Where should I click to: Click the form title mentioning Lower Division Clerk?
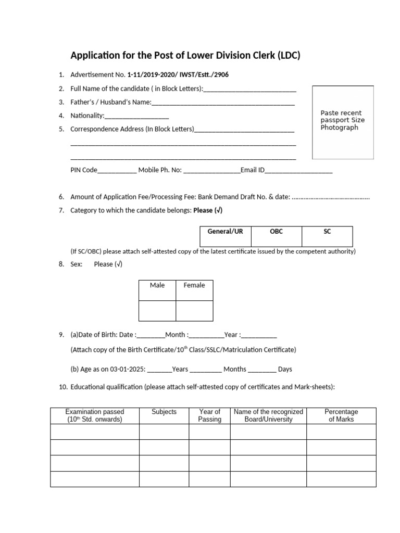click(185, 56)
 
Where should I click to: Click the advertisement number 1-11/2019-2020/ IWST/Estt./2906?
click(178, 75)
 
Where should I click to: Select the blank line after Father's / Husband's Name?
click(223, 103)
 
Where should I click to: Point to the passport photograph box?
click(342, 122)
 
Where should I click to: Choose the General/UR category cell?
click(226, 236)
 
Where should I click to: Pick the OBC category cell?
click(276, 236)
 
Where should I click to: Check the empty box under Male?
click(157, 311)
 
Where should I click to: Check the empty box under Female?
click(194, 311)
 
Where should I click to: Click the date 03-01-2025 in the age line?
click(127, 369)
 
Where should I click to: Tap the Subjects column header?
click(164, 412)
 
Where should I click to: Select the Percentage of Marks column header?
click(341, 415)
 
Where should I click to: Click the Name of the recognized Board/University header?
click(268, 415)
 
